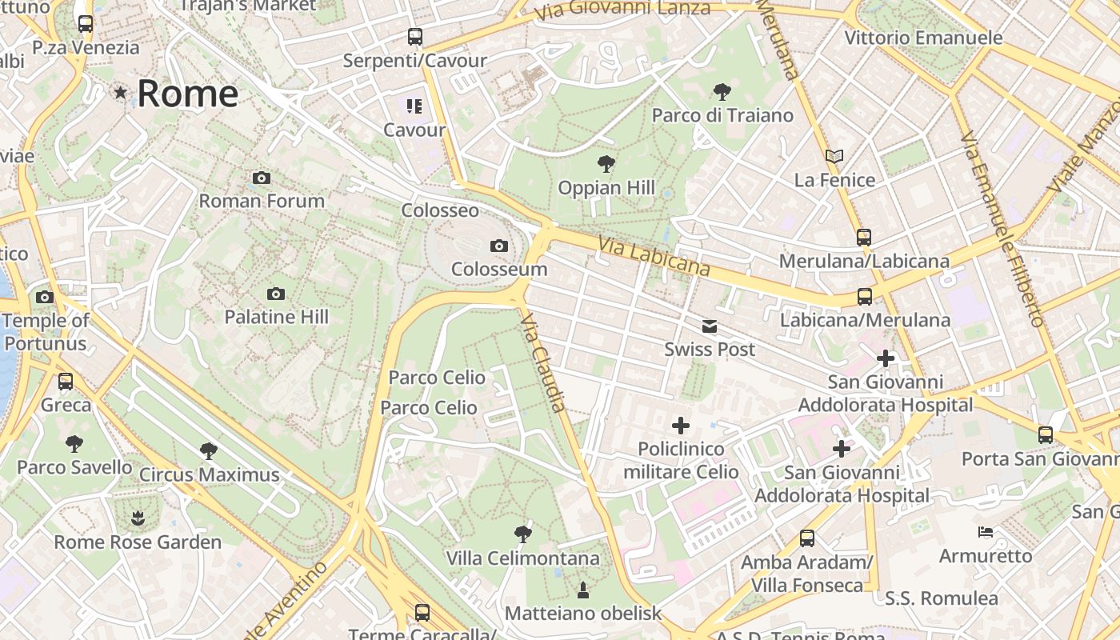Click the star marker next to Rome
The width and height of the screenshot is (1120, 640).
pyautogui.click(x=121, y=93)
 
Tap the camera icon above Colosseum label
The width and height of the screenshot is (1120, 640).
pyautogui.click(x=499, y=246)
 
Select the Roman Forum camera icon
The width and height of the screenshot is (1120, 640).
pyautogui.click(x=261, y=178)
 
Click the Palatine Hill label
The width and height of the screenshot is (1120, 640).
pyautogui.click(x=276, y=317)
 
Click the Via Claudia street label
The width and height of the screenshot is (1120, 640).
pyautogui.click(x=544, y=362)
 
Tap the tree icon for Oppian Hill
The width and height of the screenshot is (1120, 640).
pyautogui.click(x=606, y=165)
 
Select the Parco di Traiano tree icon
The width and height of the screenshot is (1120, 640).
pyautogui.click(x=722, y=92)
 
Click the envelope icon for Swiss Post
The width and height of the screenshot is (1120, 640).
pyautogui.click(x=710, y=326)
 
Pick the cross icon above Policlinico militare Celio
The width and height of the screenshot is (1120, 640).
pyautogui.click(x=681, y=426)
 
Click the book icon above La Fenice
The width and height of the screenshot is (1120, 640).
pyautogui.click(x=834, y=156)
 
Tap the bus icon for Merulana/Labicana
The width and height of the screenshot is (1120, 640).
pyautogui.click(x=863, y=238)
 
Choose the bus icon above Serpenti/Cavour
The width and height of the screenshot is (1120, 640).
pyautogui.click(x=414, y=37)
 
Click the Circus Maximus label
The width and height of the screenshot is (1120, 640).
pyautogui.click(x=209, y=474)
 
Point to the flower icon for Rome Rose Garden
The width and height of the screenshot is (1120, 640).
pyautogui.click(x=138, y=518)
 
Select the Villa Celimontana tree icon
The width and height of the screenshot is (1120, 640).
pyautogui.click(x=523, y=534)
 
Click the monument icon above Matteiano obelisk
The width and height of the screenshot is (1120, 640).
pyautogui.click(x=583, y=590)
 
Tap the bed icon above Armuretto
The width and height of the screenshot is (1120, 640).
pyautogui.click(x=986, y=532)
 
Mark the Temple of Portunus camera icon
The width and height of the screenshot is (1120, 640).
pyautogui.click(x=45, y=298)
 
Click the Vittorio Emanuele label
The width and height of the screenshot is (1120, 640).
pyautogui.click(x=923, y=38)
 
